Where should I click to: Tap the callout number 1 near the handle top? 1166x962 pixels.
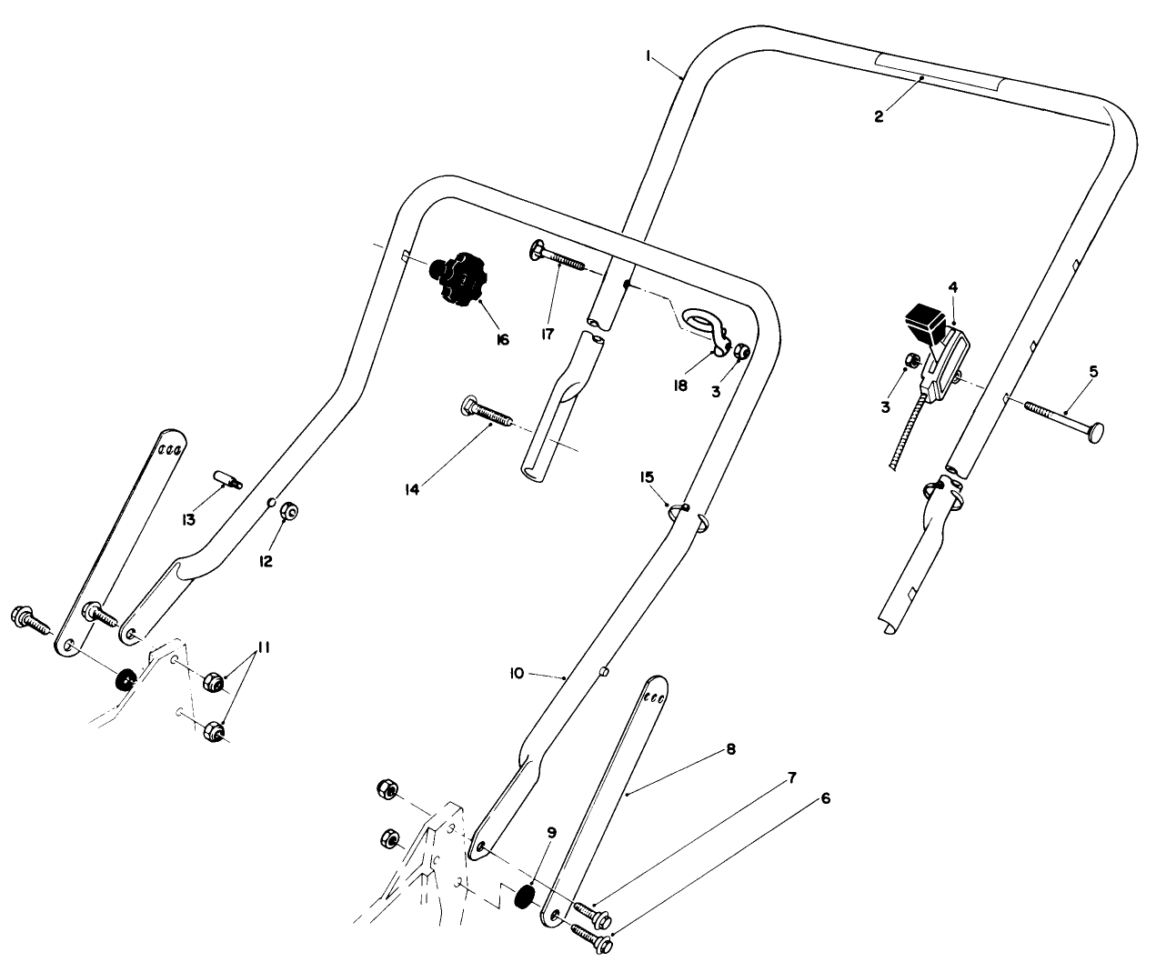coord(648,56)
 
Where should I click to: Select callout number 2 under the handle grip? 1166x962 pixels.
coord(879,116)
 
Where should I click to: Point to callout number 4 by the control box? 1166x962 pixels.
coord(952,288)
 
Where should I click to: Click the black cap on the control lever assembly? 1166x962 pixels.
coord(925,321)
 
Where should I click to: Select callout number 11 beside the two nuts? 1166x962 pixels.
coord(263,648)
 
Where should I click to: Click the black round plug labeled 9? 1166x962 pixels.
coord(524,897)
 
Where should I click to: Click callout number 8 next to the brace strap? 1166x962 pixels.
coord(730,750)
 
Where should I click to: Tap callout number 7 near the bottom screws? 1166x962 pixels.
coord(791,779)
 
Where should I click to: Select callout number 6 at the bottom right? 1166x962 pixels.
coord(825,799)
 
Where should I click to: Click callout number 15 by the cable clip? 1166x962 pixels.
coord(647,476)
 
